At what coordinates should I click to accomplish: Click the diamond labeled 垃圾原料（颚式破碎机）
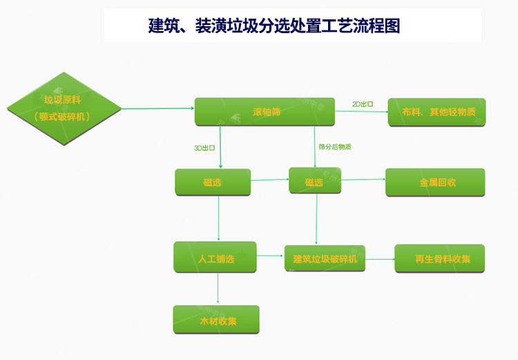63,108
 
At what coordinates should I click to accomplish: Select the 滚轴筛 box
265,111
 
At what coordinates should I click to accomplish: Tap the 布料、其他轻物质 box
437,112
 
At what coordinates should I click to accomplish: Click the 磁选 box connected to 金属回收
315,182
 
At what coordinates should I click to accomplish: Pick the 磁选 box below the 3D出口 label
213,182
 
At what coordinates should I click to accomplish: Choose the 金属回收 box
435,182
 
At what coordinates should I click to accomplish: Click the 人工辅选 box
215,258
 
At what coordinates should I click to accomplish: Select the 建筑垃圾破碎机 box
325,259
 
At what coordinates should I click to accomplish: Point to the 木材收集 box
216,320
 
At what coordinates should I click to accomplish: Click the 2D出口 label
363,104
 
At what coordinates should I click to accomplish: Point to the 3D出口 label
204,148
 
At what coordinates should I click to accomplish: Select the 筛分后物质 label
335,147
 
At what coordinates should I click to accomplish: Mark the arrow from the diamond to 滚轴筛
157,108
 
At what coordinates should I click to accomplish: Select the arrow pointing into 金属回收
363,180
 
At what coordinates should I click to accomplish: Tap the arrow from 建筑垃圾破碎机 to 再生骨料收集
380,260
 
